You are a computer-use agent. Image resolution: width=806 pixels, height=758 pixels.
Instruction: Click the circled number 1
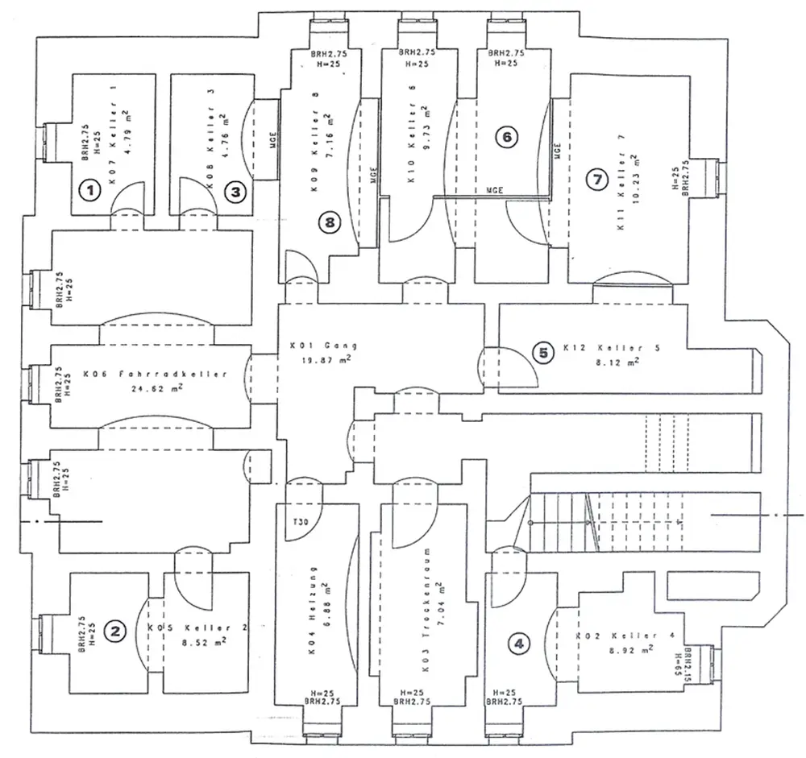[90, 192]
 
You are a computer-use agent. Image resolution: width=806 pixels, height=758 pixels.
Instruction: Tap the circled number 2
[118, 632]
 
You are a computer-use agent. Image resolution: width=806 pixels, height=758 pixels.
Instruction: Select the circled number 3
[235, 192]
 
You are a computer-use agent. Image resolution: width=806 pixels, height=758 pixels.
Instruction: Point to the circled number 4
[521, 643]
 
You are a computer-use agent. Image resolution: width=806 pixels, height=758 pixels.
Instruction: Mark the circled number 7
[596, 180]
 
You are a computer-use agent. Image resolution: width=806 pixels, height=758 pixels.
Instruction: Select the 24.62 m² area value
[156, 388]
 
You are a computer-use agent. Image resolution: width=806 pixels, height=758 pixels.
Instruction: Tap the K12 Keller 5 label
[613, 348]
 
